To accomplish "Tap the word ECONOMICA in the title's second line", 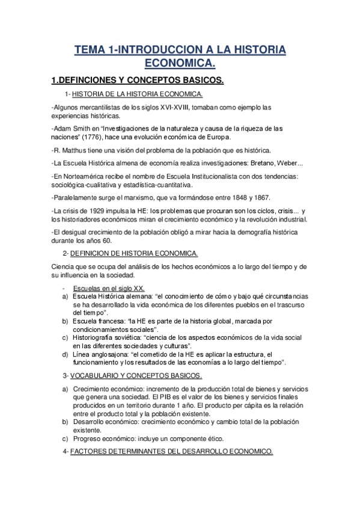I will (180, 63).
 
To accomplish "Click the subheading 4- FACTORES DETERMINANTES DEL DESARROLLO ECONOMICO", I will (171, 452).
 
